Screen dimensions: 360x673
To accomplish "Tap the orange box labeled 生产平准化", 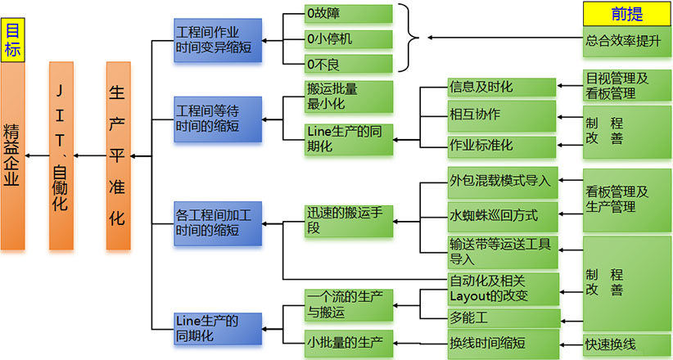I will point(117,155).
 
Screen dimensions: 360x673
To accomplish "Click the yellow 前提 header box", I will point(626,13).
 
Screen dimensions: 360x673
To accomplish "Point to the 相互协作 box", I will point(501,114).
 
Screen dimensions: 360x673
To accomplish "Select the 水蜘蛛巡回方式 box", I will point(501,216).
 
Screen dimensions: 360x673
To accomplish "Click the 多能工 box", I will point(501,317).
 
